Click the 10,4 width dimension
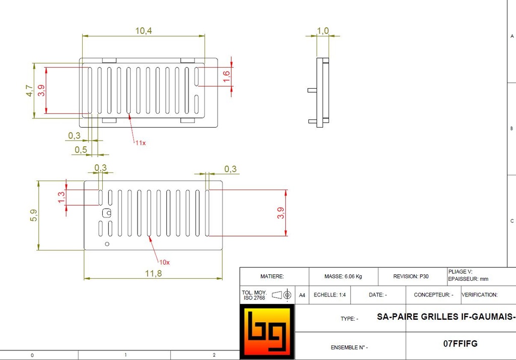click(144, 31)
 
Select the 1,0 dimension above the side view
click(322, 31)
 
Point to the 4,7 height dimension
click(29, 91)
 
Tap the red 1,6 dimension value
click(226, 76)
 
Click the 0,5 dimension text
click(81, 150)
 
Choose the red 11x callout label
click(140, 143)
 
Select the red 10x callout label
click(165, 262)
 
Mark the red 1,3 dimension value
click(61, 197)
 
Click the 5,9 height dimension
click(33, 216)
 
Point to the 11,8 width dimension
click(153, 273)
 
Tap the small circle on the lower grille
click(107, 244)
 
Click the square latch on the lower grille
click(106, 213)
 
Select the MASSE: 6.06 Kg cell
click(343, 277)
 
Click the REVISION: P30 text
click(411, 277)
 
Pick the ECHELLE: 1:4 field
click(330, 295)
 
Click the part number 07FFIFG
click(460, 344)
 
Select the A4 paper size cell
click(302, 295)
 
